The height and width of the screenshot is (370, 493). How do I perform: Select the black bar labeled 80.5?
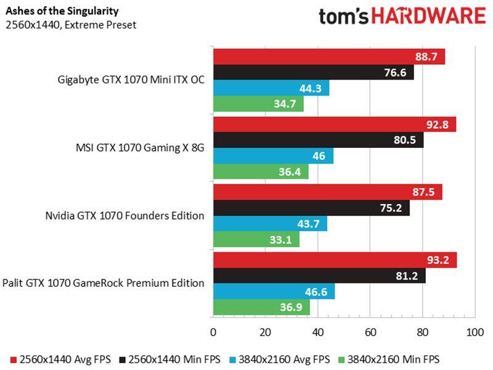click(x=318, y=140)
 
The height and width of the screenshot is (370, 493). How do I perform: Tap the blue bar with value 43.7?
click(x=270, y=223)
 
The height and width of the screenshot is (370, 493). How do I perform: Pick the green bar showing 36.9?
click(x=261, y=306)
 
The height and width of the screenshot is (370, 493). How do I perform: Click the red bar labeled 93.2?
click(x=335, y=260)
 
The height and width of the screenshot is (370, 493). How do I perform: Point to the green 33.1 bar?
click(x=256, y=239)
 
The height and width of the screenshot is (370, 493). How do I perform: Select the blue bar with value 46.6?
click(x=274, y=290)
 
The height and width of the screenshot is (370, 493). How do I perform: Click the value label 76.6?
click(x=397, y=73)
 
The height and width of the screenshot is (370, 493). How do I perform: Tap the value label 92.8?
click(x=439, y=125)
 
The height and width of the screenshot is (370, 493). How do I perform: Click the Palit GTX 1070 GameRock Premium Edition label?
click(x=103, y=283)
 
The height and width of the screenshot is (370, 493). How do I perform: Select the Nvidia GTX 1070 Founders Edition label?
click(x=124, y=215)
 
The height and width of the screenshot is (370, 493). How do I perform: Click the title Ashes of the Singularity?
click(x=54, y=11)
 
